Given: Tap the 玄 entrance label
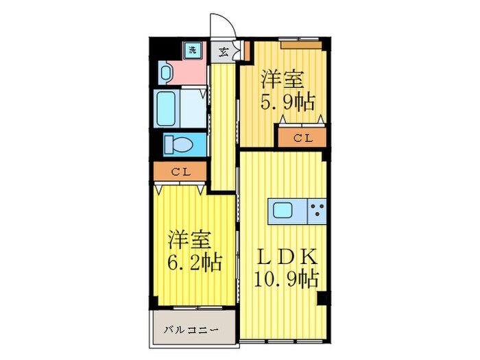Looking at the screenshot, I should coord(224,51).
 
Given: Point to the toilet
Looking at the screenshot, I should coord(180,145).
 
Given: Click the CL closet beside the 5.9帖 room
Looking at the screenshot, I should coord(302,138).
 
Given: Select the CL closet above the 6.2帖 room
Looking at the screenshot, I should coord(180,172).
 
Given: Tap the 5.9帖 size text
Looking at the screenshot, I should coord(287,103).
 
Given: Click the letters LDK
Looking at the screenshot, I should coord(287,257).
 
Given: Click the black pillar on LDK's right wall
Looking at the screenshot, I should coord(322,298).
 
